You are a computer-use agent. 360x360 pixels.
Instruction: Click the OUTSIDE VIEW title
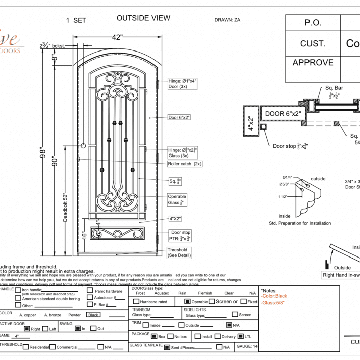(143, 18)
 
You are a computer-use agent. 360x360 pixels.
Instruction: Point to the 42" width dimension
(117, 37)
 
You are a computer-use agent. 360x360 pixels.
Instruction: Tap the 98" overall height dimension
(42, 152)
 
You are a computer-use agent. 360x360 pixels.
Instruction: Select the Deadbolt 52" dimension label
(65, 207)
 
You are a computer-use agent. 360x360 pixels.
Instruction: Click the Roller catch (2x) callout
(185, 164)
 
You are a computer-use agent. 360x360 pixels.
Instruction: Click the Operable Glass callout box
(177, 200)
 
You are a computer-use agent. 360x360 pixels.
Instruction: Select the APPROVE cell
(313, 63)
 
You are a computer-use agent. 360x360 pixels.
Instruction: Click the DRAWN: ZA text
(231, 20)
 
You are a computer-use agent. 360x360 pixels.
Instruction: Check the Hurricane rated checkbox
(136, 302)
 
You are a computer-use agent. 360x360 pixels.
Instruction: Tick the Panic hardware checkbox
(90, 291)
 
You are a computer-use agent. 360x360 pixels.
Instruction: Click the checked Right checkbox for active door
(27, 329)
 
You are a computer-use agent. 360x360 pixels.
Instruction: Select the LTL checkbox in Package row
(241, 336)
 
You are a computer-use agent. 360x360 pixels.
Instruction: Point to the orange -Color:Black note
(274, 296)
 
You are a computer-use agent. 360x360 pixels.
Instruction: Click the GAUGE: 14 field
(247, 347)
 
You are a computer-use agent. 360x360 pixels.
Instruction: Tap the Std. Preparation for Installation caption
(300, 223)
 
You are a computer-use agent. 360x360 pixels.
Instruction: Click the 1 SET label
(76, 21)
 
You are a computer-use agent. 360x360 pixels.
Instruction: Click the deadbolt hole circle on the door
(83, 146)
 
